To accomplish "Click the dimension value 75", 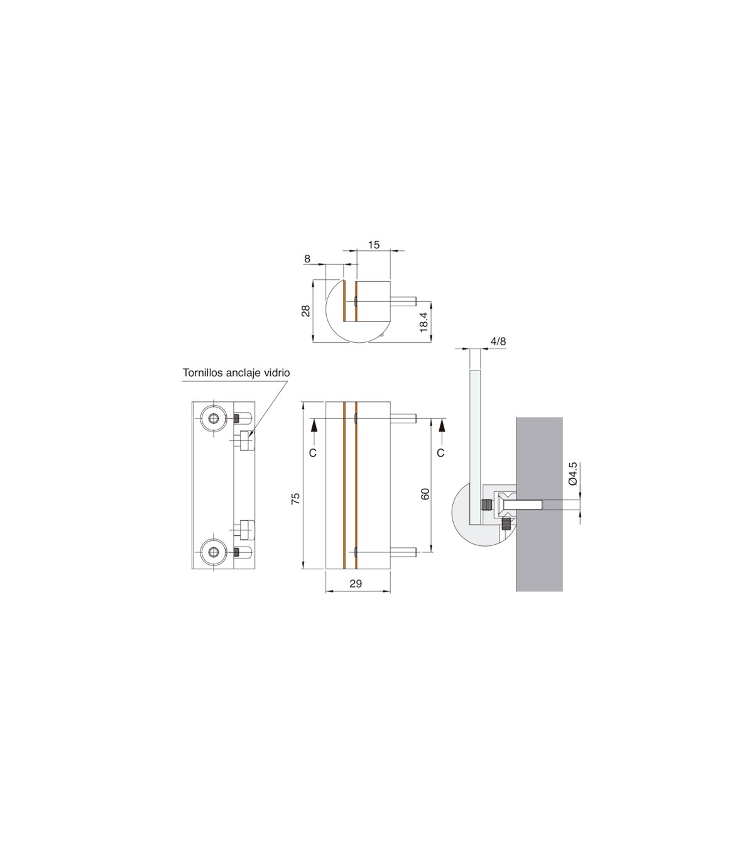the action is [x=296, y=499].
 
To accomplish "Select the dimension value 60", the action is [x=425, y=494].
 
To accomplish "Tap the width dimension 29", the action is [x=356, y=584].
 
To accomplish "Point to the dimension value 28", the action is [x=306, y=311].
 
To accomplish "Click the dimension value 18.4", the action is [x=423, y=322].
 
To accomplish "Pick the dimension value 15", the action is [x=374, y=245].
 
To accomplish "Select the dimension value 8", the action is [x=307, y=259].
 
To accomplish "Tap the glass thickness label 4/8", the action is [x=498, y=341].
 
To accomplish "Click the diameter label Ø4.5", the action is [x=573, y=474].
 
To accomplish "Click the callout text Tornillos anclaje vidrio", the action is [x=236, y=373].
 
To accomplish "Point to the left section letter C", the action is [x=312, y=453].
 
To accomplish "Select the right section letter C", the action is [x=440, y=453].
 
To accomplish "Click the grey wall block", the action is [x=539, y=504].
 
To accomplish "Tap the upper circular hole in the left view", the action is [x=214, y=419].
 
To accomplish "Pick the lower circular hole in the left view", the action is [x=214, y=552].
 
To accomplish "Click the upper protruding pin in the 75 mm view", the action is [x=403, y=418].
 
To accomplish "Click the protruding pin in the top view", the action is [x=403, y=301].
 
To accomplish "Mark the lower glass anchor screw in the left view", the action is [x=244, y=530].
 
